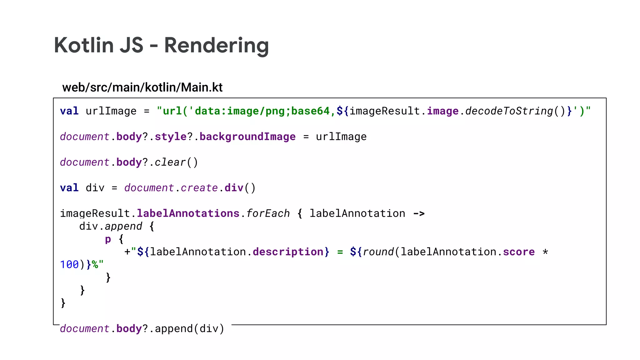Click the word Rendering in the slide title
[x=216, y=46]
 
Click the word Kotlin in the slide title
[x=83, y=46]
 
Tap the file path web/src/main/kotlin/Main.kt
[x=142, y=87]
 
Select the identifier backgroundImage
[x=247, y=137]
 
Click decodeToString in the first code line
[x=509, y=111]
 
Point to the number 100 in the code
[x=69, y=265]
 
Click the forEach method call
[x=268, y=213]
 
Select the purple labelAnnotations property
[x=188, y=213]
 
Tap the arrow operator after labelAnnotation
[x=419, y=213]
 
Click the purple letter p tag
[x=108, y=239]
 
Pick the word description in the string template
[x=288, y=252]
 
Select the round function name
[x=378, y=252]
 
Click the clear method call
[x=170, y=162]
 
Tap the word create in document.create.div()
[x=199, y=188]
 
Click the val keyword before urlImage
[x=69, y=111]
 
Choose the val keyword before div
[x=69, y=188]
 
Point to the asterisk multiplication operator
[x=545, y=252]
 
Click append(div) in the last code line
[x=189, y=329]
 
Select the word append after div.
[x=123, y=226]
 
